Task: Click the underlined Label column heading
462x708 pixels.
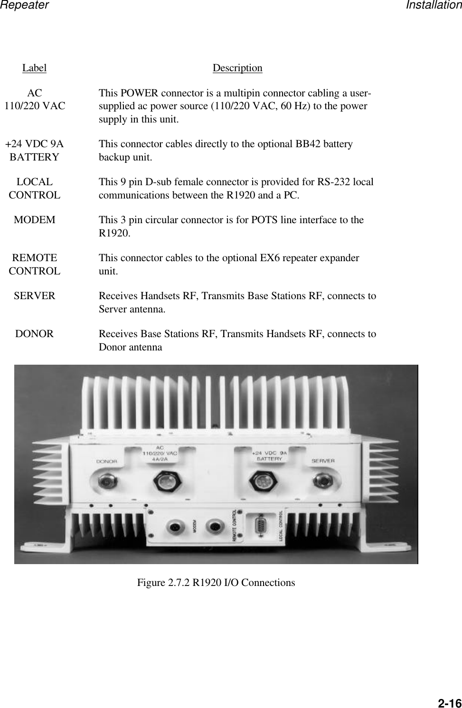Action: tap(34, 68)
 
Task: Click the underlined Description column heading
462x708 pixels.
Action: tap(237, 68)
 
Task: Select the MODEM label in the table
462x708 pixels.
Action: tap(35, 220)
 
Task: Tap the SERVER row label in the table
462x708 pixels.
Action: tap(35, 296)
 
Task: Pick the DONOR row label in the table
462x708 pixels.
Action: tap(35, 334)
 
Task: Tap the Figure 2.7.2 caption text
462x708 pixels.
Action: tap(216, 582)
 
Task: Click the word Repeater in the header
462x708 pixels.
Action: tap(24, 5)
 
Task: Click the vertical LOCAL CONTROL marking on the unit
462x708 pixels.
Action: tap(282, 526)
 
